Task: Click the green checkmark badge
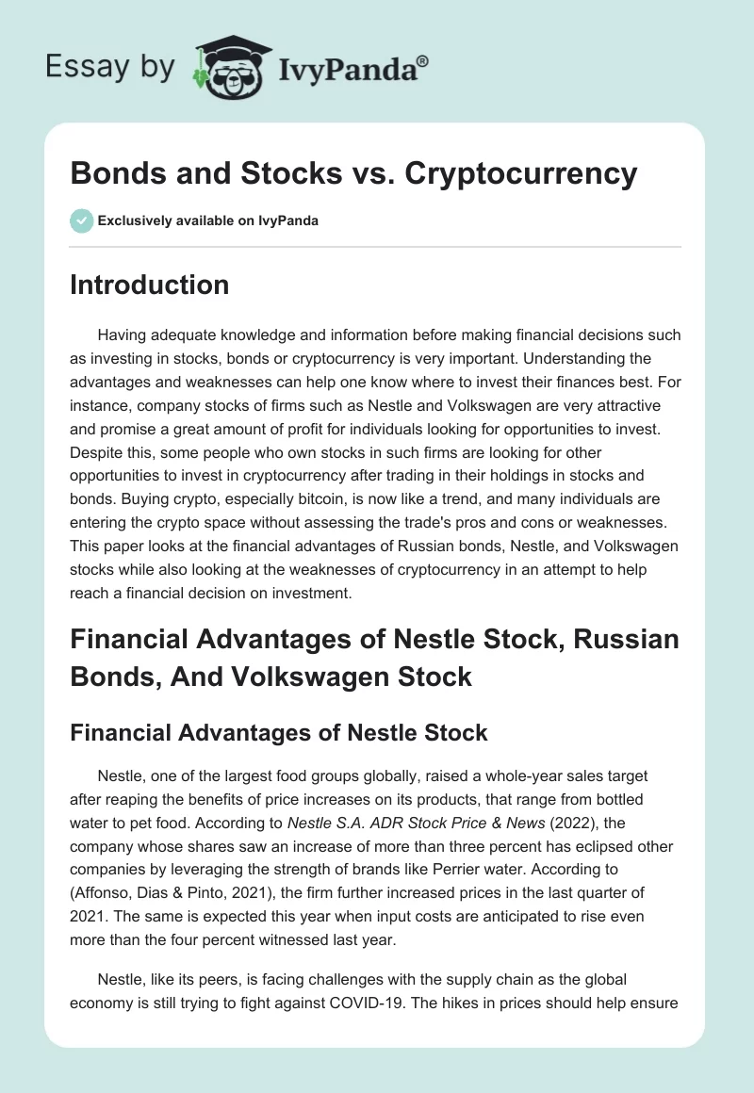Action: (x=81, y=220)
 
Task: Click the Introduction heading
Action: (x=149, y=284)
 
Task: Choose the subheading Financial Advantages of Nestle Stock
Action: (x=279, y=732)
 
